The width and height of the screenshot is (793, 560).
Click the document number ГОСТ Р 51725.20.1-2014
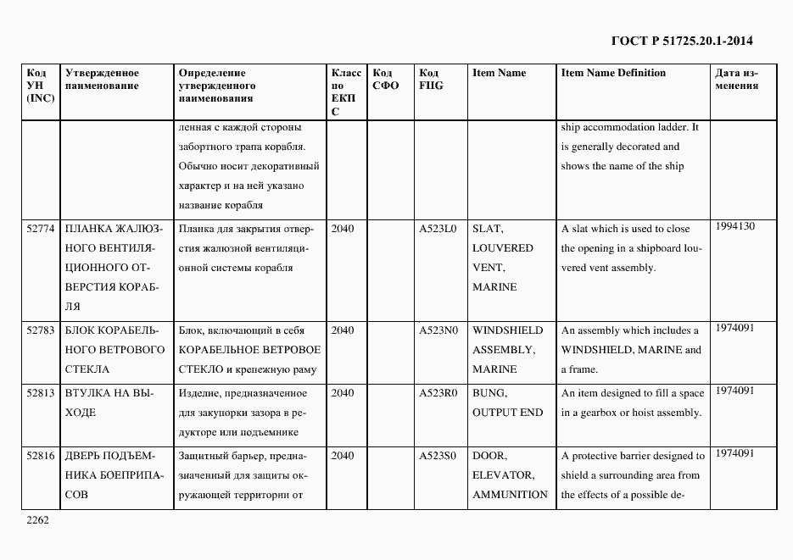pos(681,41)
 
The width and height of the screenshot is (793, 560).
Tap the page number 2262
pos(38,520)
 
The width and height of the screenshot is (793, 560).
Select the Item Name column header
pos(499,73)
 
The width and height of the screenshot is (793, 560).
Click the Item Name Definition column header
pos(613,73)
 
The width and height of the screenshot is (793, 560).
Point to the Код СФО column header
pos(385,80)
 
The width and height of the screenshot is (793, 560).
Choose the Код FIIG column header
pos(431,80)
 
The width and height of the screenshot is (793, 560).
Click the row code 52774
pos(41,229)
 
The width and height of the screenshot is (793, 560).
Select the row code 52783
pos(41,330)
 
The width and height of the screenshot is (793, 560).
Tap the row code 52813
pos(41,393)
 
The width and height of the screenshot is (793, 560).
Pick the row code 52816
pos(41,456)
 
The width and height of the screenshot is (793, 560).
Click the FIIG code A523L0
pos(438,229)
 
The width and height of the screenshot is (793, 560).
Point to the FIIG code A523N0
pos(438,330)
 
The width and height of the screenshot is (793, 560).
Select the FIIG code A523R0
pos(438,393)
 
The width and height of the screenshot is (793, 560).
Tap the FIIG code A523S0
pos(438,456)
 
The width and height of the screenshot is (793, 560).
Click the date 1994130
pos(734,226)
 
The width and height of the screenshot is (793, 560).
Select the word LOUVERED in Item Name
pos(502,248)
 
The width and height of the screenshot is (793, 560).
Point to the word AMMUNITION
pos(510,495)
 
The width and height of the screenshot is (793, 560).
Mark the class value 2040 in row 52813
pos(343,393)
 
